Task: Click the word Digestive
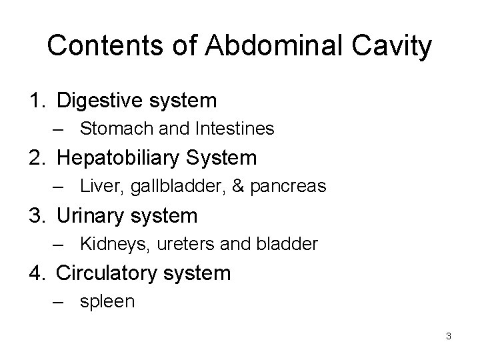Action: point(100,101)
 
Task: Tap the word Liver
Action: point(97,187)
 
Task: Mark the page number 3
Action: point(449,336)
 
